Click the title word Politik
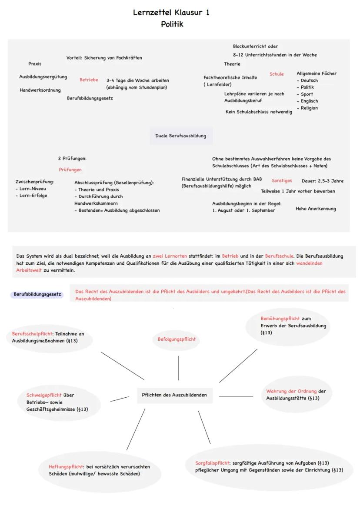(172, 24)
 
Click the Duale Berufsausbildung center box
(181, 136)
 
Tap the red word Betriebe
(89, 80)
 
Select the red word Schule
(277, 74)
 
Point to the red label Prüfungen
(70, 170)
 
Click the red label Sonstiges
(282, 180)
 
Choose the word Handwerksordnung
(40, 90)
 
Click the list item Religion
(309, 108)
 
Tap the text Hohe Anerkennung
(316, 209)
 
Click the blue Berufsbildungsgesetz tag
(37, 294)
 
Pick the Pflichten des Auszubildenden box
(174, 395)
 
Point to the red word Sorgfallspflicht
(213, 463)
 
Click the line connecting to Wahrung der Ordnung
(236, 396)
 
